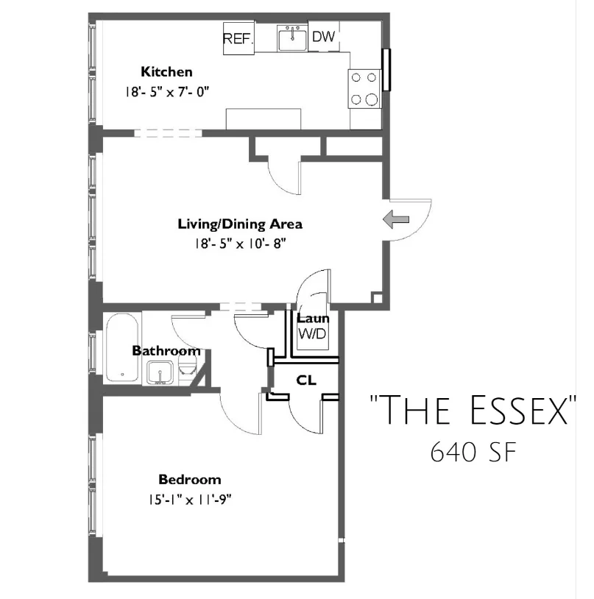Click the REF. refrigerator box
coord(238,38)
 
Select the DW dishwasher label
coord(324,37)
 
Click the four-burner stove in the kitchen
coord(364,88)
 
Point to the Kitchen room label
coord(166,72)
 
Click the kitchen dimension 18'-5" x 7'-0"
coord(167,92)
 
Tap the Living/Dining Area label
coord(240,224)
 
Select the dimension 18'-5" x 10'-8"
coord(241,244)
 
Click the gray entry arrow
coord(396,220)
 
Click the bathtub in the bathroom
coord(122,347)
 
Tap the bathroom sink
coord(160,373)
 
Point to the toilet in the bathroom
coord(187,369)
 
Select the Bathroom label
coord(166,351)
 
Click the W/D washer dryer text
coord(313,334)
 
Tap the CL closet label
coord(306,380)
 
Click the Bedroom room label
coord(190,480)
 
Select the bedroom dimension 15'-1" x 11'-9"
coord(190,500)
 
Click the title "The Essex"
coord(473,410)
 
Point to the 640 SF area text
coord(474,453)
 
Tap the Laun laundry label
coord(313,318)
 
